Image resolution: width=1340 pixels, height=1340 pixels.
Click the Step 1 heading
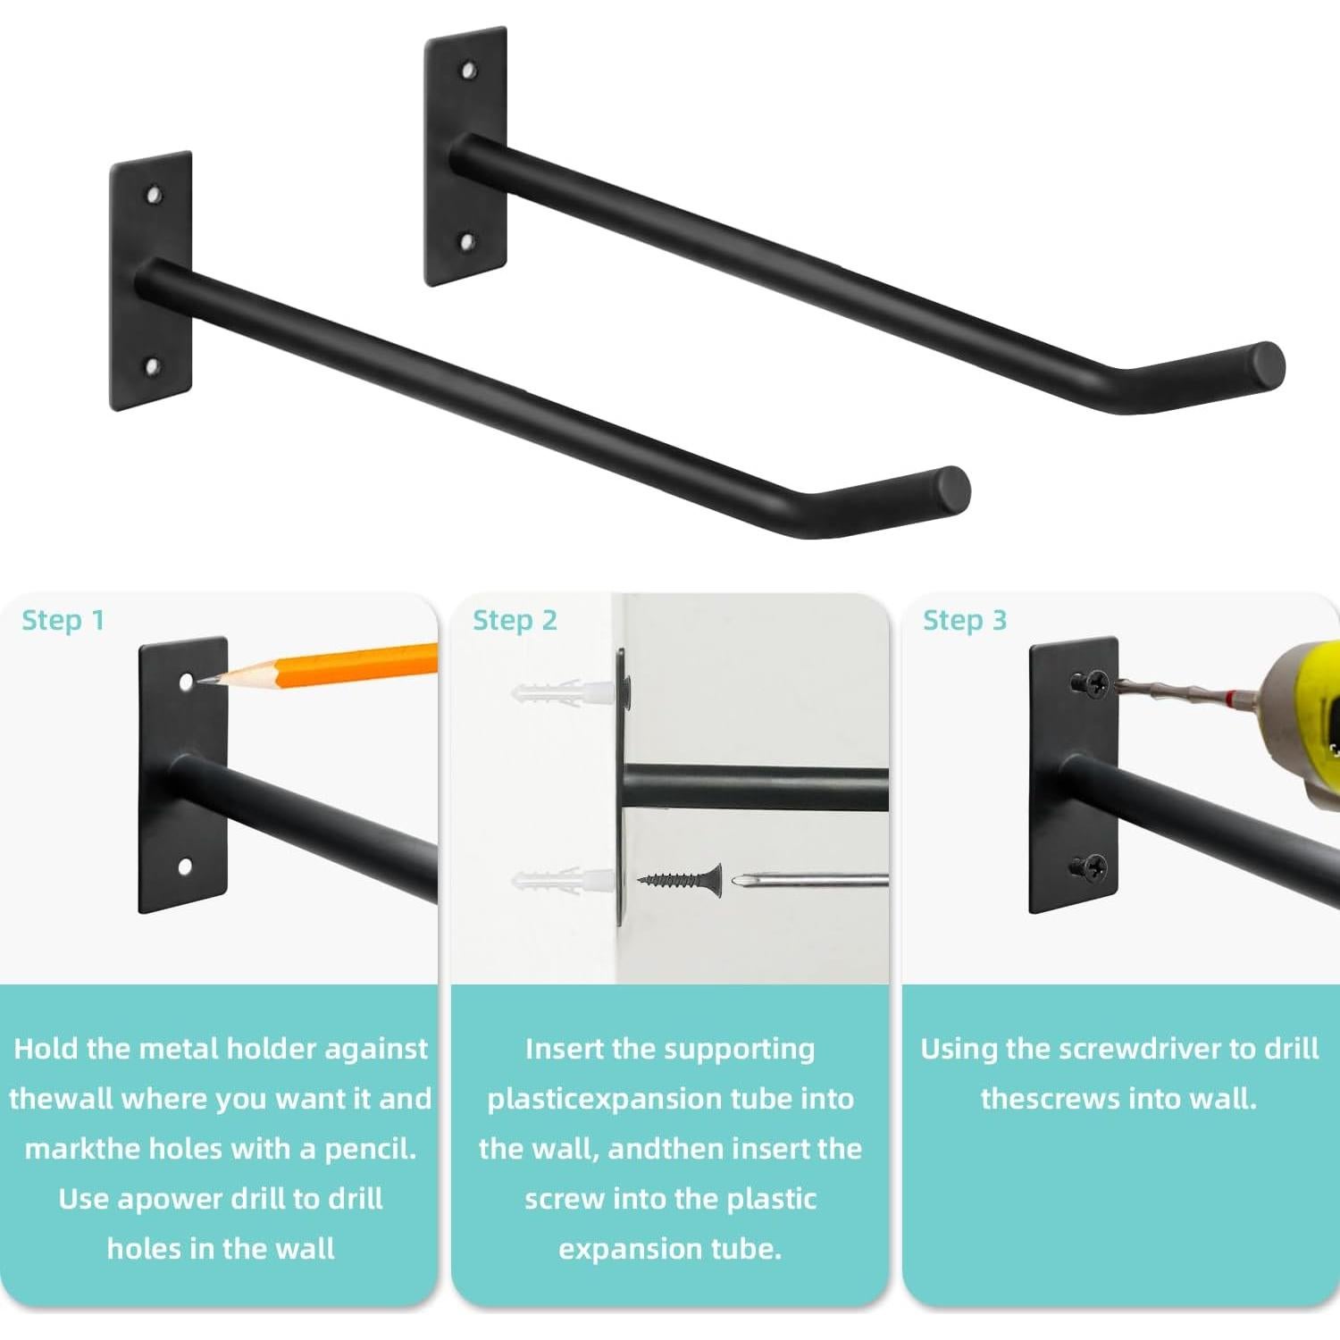pyautogui.click(x=63, y=620)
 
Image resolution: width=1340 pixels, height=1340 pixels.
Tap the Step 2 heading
pyautogui.click(x=515, y=620)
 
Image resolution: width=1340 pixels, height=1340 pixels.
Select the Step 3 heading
pyautogui.click(x=965, y=620)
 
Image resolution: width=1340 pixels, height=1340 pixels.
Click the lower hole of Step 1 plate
pyautogui.click(x=185, y=866)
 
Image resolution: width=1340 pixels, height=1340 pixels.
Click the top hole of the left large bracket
pyautogui.click(x=155, y=194)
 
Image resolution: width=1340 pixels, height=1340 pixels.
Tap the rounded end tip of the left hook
pyautogui.click(x=952, y=490)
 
